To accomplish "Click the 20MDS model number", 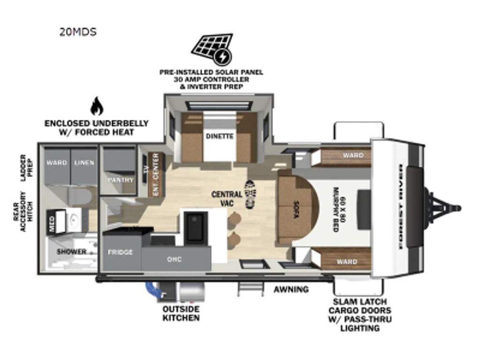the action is pyautogui.click(x=78, y=32).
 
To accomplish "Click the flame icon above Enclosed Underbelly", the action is pyautogui.click(x=97, y=106).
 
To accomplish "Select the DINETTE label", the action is pyautogui.click(x=219, y=136).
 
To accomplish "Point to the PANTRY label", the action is pyautogui.click(x=120, y=180).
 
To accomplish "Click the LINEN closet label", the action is pyautogui.click(x=84, y=162).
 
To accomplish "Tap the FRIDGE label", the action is pyautogui.click(x=120, y=252).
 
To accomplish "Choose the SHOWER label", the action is pyautogui.click(x=71, y=252).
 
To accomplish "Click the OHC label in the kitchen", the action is pyautogui.click(x=174, y=259).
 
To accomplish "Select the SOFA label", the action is pyautogui.click(x=296, y=210).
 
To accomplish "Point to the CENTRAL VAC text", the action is pyautogui.click(x=227, y=198).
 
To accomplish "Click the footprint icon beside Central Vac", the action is pyautogui.click(x=250, y=195).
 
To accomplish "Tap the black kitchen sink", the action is pyautogui.click(x=195, y=228).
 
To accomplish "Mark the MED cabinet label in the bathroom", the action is pyautogui.click(x=52, y=221).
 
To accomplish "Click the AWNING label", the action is pyautogui.click(x=291, y=289).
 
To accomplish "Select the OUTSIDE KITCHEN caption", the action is pyautogui.click(x=181, y=313).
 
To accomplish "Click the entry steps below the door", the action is pyautogui.click(x=251, y=289).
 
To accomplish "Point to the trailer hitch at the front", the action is pyautogui.click(x=443, y=209).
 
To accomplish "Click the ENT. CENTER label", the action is pyautogui.click(x=156, y=174).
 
